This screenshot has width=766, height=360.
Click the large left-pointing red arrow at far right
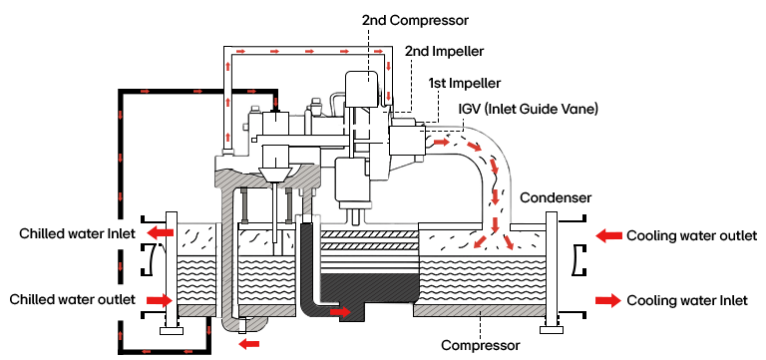tap(608, 235)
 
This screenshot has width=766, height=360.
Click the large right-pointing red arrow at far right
tap(608, 300)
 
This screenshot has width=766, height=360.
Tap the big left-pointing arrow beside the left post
tap(160, 232)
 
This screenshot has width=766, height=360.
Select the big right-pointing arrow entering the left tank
tap(160, 300)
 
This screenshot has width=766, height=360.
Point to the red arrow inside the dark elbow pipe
tap(340, 312)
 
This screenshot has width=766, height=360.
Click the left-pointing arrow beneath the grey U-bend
tap(248, 344)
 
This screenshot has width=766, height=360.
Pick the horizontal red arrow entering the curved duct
tap(442, 142)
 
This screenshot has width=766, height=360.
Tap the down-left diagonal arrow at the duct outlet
tap(480, 242)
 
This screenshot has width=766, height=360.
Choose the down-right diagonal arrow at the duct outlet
tap(509, 242)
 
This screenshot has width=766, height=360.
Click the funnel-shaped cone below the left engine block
tap(274, 177)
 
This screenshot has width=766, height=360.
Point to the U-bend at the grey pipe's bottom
tap(244, 322)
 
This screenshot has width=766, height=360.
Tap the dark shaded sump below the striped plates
tap(368, 290)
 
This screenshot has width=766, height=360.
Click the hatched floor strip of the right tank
tap(479, 310)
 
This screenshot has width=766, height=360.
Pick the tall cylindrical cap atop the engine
tap(361, 88)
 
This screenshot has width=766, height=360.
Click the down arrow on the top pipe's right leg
tap(388, 66)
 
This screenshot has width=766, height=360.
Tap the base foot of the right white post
tap(552, 329)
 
